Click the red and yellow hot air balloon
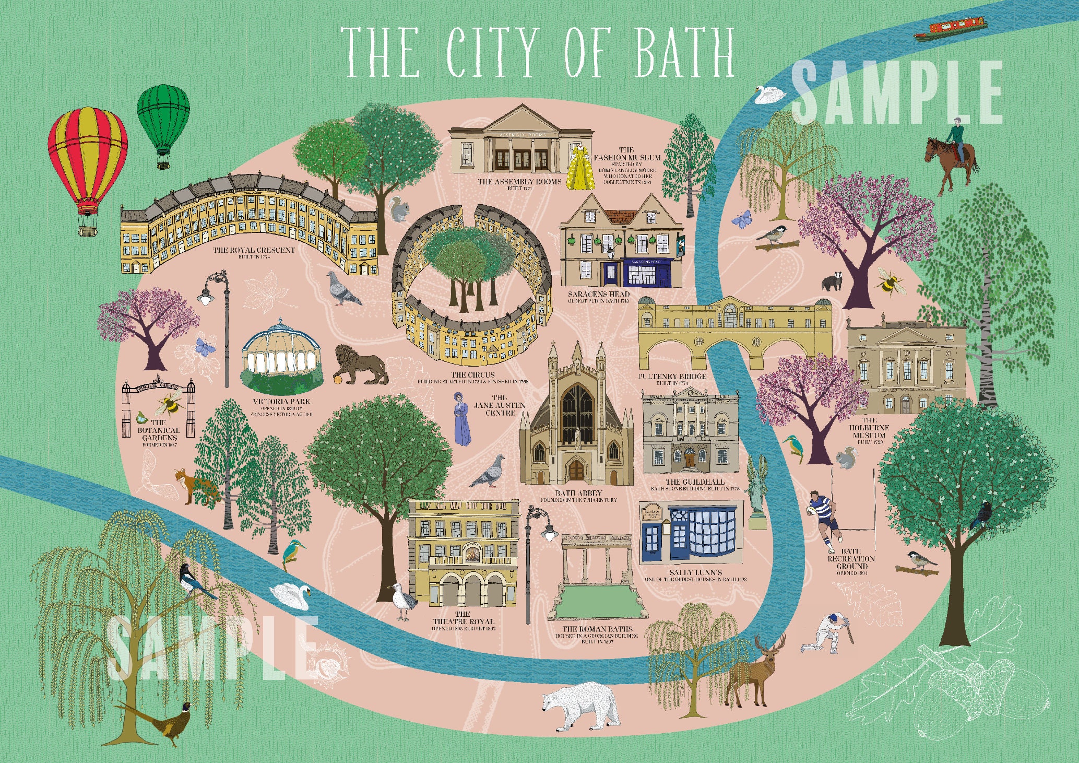[88, 162]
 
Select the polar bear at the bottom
[579, 705]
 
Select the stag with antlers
[752, 674]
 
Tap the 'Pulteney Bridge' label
[672, 376]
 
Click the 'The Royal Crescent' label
[254, 250]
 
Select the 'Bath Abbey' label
[578, 493]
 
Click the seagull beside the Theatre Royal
[404, 601]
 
